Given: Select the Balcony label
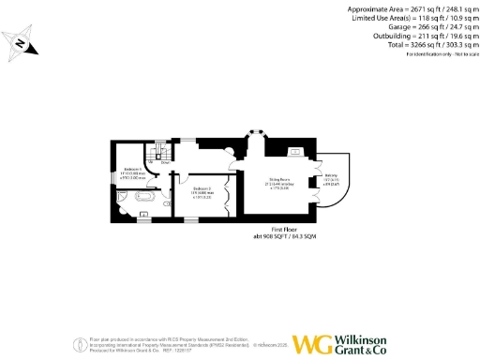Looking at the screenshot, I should point(331,178).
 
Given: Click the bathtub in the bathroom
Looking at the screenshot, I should point(145,198).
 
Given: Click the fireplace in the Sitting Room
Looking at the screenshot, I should point(293,150).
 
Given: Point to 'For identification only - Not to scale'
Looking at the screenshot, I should point(435,56).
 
